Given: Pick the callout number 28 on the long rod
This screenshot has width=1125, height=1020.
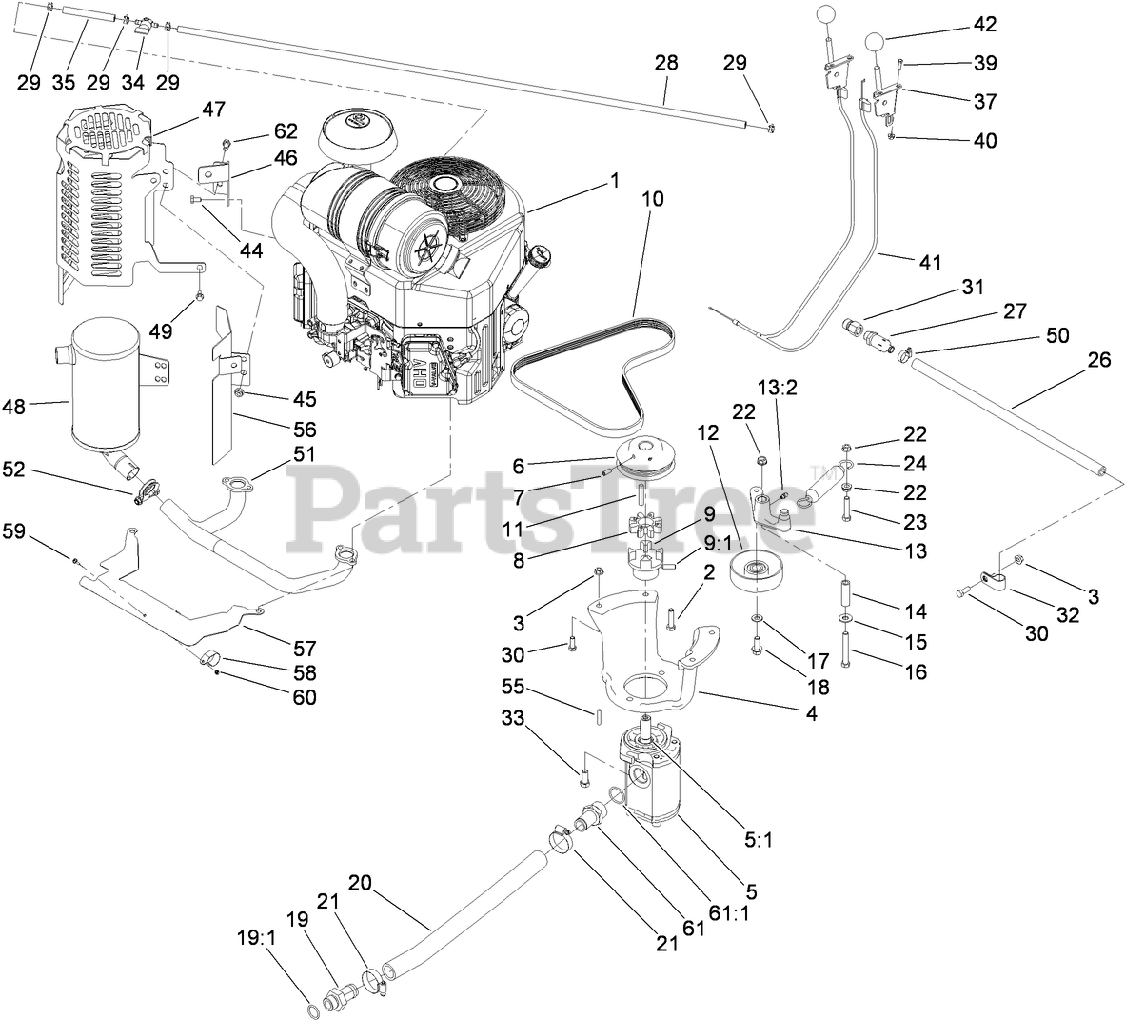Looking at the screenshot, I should tap(665, 64).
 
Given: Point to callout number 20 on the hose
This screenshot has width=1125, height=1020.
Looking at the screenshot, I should tap(361, 882).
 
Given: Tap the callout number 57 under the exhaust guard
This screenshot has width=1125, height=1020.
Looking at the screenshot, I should tap(304, 650).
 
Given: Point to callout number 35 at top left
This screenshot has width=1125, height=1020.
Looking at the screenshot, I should tap(64, 82).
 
